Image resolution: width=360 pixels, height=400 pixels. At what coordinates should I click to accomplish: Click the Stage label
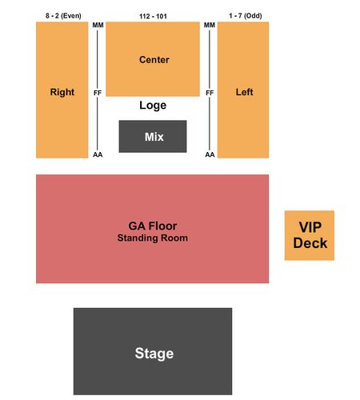(154, 354)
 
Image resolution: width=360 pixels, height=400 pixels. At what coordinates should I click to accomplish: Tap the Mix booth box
(153, 136)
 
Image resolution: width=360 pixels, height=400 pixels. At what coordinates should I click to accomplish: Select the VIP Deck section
(310, 235)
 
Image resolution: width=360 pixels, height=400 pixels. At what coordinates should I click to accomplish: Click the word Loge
(153, 106)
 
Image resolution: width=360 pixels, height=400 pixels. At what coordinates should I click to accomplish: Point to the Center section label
(154, 60)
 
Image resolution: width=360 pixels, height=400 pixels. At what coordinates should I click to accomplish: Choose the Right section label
(62, 92)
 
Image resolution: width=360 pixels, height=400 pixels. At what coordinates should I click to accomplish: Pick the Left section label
(244, 92)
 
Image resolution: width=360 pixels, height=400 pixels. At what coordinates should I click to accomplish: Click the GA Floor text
(153, 226)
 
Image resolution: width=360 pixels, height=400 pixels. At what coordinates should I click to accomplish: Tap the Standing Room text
(153, 238)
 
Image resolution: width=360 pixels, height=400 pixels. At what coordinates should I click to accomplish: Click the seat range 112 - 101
(153, 17)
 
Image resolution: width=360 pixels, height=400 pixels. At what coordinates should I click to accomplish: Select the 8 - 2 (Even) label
(63, 16)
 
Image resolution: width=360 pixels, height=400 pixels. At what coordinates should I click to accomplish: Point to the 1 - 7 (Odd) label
(246, 16)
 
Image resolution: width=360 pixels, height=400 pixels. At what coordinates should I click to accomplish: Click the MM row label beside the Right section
(98, 25)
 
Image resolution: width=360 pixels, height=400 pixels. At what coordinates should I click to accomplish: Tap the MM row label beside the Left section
(210, 25)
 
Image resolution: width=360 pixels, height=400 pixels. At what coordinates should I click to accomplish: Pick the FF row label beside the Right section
(98, 93)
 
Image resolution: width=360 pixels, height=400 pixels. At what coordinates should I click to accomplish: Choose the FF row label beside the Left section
(210, 93)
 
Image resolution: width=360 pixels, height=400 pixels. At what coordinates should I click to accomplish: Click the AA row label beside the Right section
(98, 154)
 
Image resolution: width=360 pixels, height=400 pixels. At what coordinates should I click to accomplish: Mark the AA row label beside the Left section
(210, 154)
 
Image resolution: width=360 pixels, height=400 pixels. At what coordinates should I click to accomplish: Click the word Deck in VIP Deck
(310, 243)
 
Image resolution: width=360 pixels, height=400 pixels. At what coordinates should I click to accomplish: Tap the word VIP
(310, 227)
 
